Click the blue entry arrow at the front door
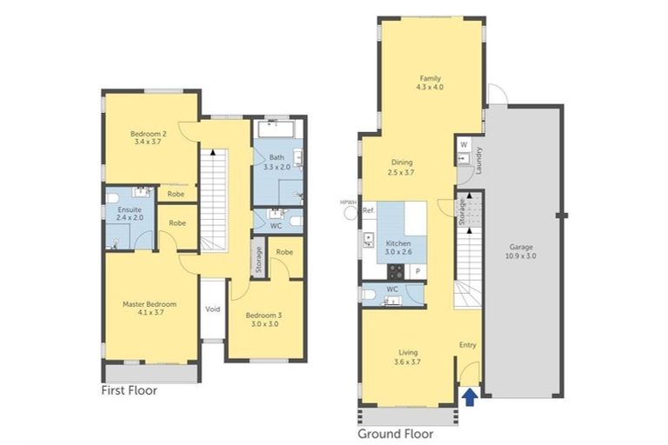click(x=470, y=397)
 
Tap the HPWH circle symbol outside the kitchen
click(x=351, y=213)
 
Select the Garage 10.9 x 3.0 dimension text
click(x=521, y=256)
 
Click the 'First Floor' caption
click(x=129, y=390)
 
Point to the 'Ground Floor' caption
click(x=396, y=434)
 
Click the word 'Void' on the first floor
click(x=212, y=309)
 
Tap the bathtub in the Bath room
click(x=277, y=129)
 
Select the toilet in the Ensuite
click(x=112, y=198)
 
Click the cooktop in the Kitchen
click(x=396, y=271)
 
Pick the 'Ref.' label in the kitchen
click(x=369, y=210)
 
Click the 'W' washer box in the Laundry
click(x=464, y=145)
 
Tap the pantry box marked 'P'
click(x=417, y=272)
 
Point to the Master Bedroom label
click(x=150, y=304)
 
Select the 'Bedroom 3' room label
click(x=264, y=315)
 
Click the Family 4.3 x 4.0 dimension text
click(x=430, y=87)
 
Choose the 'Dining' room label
click(x=402, y=163)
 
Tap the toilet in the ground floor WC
click(x=369, y=295)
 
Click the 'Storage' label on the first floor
click(x=258, y=260)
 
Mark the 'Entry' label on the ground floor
click(x=467, y=345)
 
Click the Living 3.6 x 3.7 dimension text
click(x=408, y=362)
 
